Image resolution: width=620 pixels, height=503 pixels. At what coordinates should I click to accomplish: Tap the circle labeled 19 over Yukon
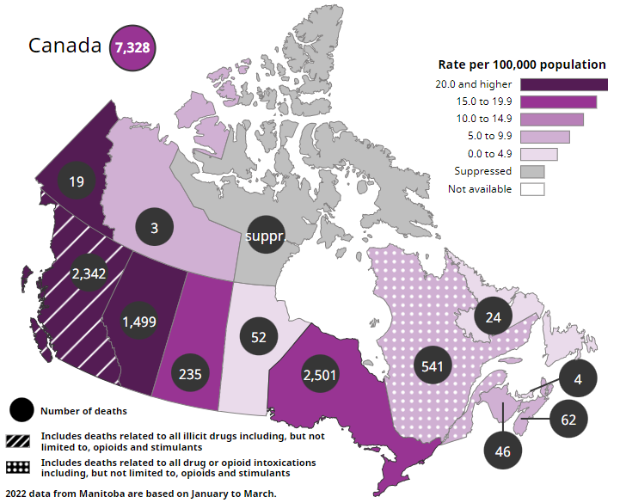pos(77,181)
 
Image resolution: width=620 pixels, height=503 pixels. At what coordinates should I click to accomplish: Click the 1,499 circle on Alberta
pos(138,322)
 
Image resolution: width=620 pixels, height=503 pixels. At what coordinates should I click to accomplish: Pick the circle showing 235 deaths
pos(191,373)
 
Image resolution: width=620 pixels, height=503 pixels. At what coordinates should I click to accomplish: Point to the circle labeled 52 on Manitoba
pos(258,337)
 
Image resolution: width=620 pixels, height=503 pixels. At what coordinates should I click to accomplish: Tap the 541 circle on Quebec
pos(433,366)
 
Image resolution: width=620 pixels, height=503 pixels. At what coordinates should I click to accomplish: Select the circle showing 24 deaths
pos(493,316)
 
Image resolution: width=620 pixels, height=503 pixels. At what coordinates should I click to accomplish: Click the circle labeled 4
pos(578,377)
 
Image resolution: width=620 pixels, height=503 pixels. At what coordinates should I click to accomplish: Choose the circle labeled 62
pos(568,420)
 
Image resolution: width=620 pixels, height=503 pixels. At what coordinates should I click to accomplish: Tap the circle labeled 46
pos(503,450)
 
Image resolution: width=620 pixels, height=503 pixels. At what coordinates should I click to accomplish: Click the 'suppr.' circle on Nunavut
pos(265,235)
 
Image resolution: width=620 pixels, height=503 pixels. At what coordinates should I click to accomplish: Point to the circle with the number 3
pos(154,229)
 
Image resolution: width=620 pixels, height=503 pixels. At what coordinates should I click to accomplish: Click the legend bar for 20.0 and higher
pos(564,84)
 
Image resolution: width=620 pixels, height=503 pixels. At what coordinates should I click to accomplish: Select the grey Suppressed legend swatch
pos(532,171)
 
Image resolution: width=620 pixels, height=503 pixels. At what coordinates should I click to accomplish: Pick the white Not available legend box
pos(532,188)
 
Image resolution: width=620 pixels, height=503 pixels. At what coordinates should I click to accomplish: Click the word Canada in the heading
pos(65,46)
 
